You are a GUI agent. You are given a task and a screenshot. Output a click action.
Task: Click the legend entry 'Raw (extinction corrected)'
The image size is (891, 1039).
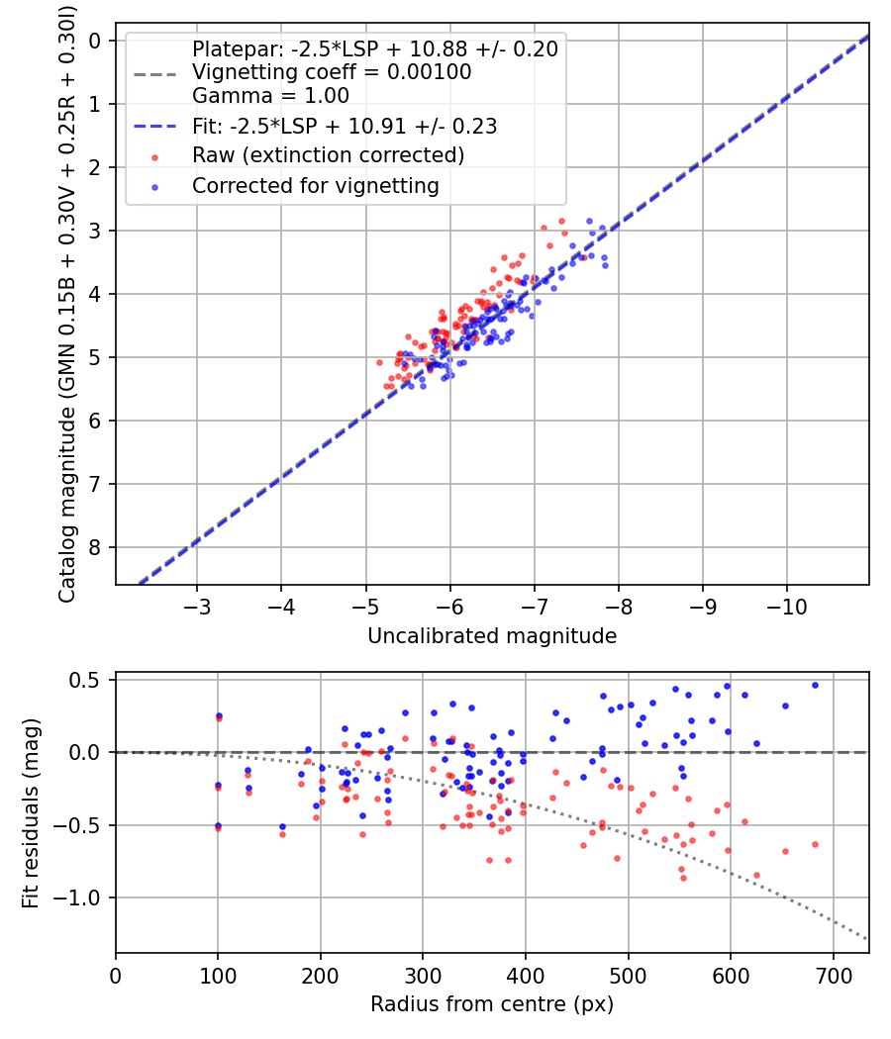point(328,155)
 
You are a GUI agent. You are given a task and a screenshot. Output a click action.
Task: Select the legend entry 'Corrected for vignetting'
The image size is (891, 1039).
point(315,185)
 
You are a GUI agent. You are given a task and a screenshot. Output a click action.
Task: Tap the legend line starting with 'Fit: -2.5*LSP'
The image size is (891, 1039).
point(345,126)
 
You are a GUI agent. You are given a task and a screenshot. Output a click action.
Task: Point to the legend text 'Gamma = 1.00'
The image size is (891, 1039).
point(270,96)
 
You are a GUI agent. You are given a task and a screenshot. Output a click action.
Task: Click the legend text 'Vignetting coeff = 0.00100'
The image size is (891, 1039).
point(332,72)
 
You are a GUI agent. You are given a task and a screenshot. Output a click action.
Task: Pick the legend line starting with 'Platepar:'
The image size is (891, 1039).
point(374,48)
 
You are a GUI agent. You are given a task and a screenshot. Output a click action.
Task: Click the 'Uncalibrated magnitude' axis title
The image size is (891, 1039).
point(492,636)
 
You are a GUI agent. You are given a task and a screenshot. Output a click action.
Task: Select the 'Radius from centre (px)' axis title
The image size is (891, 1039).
point(492,1004)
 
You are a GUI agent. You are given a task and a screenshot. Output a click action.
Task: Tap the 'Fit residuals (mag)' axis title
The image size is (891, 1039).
point(31,812)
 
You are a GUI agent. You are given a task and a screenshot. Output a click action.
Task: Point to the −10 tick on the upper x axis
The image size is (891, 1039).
point(787,603)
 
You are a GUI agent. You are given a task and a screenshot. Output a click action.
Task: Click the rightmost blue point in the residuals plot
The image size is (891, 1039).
point(815,685)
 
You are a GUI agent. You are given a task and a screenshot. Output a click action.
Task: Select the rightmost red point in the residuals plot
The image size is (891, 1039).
point(815,844)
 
